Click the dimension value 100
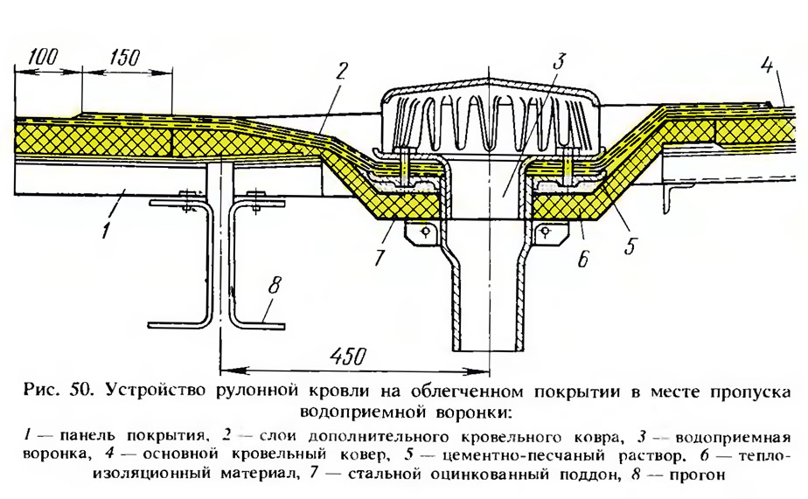44,57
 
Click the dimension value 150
124,57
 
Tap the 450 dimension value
348,356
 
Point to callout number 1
106,229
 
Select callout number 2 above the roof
341,71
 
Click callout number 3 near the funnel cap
560,61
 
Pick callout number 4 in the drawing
767,66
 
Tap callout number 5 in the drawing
630,245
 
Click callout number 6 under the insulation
582,259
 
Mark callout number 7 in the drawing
380,256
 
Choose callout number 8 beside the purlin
275,284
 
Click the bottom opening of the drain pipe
485,350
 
